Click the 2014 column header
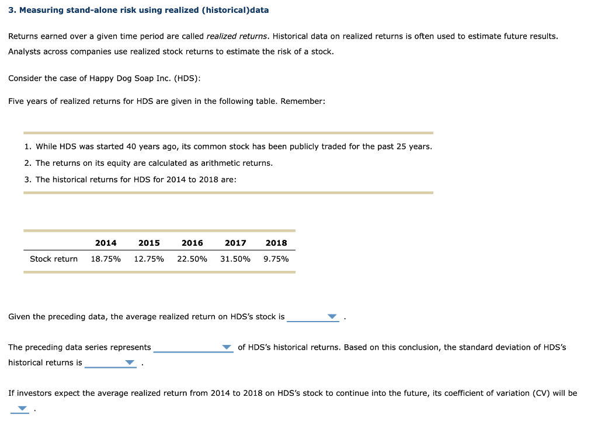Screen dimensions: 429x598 click(x=106, y=243)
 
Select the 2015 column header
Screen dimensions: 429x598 click(x=149, y=243)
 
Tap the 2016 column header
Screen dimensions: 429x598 click(x=192, y=243)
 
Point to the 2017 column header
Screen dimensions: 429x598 click(x=235, y=243)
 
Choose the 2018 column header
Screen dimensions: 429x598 click(x=276, y=243)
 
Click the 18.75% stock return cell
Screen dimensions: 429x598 click(x=106, y=259)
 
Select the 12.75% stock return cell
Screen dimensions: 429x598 click(x=149, y=259)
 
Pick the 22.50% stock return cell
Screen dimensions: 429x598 click(x=192, y=259)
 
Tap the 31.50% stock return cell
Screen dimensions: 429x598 click(x=235, y=259)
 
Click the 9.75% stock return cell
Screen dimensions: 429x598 click(x=276, y=259)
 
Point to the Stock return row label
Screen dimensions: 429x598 click(x=54, y=259)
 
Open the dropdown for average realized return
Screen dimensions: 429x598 click(x=332, y=317)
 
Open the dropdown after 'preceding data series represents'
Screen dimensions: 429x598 click(x=227, y=348)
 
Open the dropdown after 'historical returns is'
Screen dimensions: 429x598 click(x=130, y=363)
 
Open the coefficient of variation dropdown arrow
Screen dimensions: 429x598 click(x=22, y=409)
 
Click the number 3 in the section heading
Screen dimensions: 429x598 click(x=11, y=11)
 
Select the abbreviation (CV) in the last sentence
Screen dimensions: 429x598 click(x=541, y=393)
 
